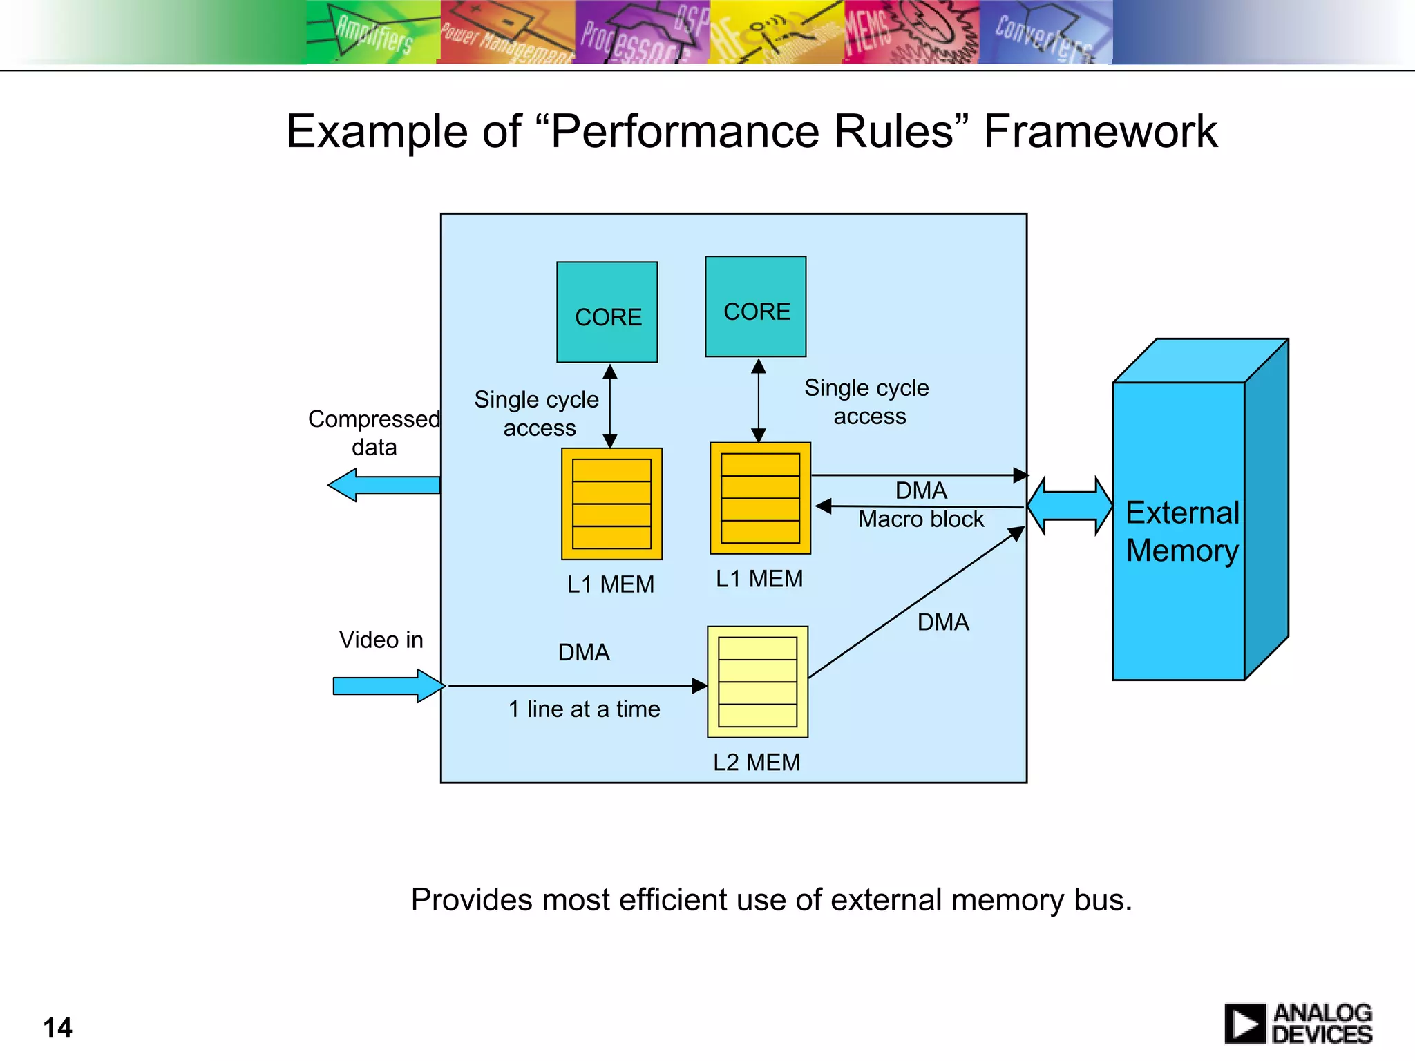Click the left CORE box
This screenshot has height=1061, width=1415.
coord(607,312)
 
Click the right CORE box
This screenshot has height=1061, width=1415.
coord(755,307)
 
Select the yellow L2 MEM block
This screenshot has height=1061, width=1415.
coord(757,682)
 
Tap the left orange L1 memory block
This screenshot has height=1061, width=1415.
coord(611,504)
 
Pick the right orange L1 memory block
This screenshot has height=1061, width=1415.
coord(760,498)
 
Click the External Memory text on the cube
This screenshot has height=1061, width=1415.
coord(1181,531)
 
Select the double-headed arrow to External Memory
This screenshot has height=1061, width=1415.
coord(1069,506)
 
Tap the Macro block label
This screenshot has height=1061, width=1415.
coord(920,519)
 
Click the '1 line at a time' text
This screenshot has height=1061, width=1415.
coord(584,709)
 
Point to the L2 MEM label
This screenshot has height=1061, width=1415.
coord(757,763)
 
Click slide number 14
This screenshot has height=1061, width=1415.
coord(57,1027)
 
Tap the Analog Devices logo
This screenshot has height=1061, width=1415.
coord(1298,1024)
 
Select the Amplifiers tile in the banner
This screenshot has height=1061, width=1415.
coord(373,32)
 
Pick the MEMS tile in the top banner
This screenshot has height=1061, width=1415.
coord(910,32)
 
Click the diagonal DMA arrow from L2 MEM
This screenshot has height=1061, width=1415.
coord(915,602)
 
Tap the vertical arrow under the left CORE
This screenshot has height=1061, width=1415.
coord(609,406)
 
